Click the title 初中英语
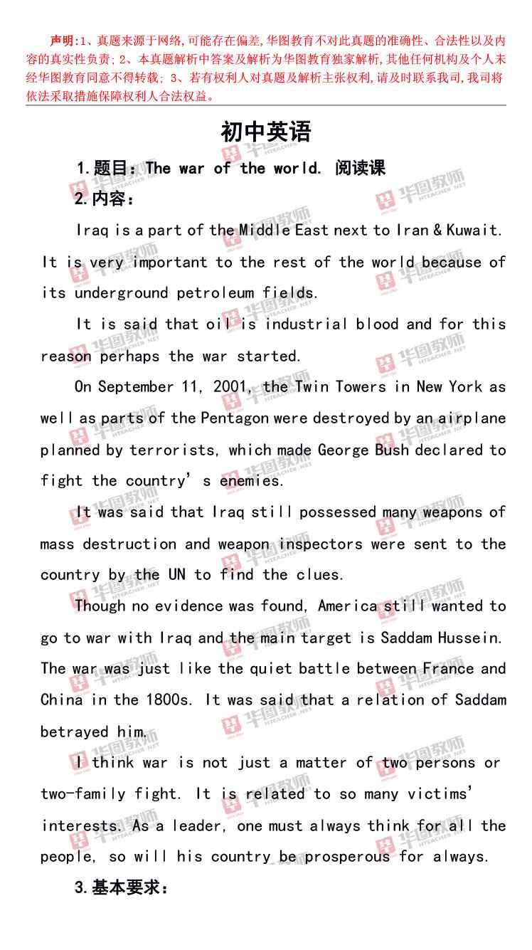(x=266, y=132)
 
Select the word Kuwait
(x=477, y=230)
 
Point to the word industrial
(x=307, y=324)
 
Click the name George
(x=343, y=450)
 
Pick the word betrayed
(x=74, y=732)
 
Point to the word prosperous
(x=347, y=857)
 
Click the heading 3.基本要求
(x=121, y=889)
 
